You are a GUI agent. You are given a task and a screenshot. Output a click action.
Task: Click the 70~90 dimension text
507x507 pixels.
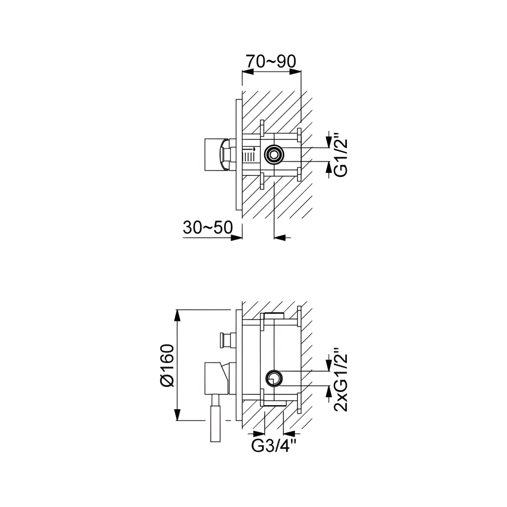[x=271, y=61]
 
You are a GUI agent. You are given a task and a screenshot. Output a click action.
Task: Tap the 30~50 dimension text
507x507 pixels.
[x=207, y=227]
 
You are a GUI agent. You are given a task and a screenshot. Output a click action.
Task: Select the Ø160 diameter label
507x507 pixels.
[x=167, y=366]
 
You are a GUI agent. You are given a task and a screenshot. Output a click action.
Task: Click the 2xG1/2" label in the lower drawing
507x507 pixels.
[x=341, y=380]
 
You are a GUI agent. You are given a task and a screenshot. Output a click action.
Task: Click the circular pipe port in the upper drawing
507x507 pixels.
[x=274, y=154]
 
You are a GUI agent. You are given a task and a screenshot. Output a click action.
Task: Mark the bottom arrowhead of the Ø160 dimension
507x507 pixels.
[x=177, y=415]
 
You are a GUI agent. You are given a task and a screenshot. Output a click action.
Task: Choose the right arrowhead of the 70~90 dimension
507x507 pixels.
[x=295, y=73]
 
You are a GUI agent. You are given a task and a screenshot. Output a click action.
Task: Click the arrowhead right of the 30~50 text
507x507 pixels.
[x=236, y=238]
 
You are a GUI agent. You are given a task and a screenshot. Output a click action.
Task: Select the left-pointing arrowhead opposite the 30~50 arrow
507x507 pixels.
[x=280, y=238]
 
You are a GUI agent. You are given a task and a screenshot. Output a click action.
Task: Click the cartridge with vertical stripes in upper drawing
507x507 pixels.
[x=249, y=155]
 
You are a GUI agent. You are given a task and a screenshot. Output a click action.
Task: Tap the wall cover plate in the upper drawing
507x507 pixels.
[x=239, y=155]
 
